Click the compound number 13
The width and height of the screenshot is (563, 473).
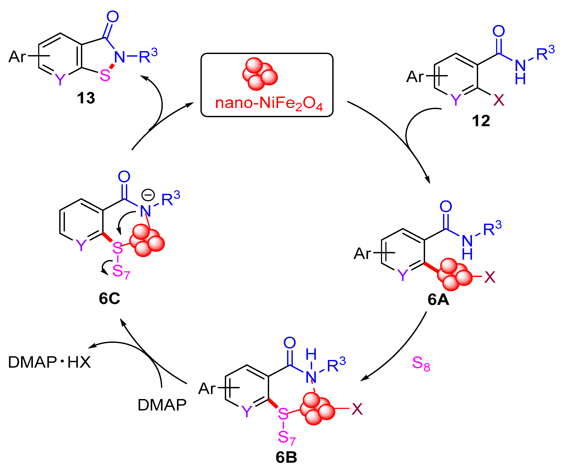click(86, 98)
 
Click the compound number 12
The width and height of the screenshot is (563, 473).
click(481, 121)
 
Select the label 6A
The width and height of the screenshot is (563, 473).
click(438, 300)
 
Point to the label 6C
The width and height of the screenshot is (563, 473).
click(109, 298)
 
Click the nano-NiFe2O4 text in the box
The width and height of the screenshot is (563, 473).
click(269, 103)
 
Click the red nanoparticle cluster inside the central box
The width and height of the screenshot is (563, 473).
click(259, 74)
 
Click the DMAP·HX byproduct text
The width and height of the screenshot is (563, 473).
click(50, 362)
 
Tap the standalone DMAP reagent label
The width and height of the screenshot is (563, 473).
click(162, 405)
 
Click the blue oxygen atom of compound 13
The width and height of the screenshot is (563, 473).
click(113, 17)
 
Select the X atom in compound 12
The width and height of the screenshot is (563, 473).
click(499, 100)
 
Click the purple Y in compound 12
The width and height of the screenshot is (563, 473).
click(455, 100)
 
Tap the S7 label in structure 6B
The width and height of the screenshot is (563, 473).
click(286, 438)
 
